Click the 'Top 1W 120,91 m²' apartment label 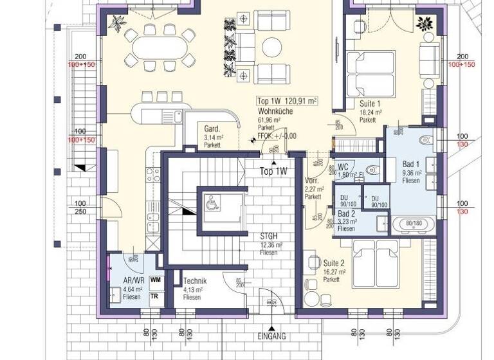click(x=287, y=101)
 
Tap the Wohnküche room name click(x=276, y=111)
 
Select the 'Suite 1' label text click(x=370, y=104)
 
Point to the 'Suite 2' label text click(x=334, y=263)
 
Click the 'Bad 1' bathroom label click(x=411, y=165)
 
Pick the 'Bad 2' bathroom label click(x=346, y=213)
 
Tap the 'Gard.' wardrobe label click(x=212, y=129)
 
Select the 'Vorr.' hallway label click(x=313, y=181)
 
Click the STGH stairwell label click(x=269, y=236)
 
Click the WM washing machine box click(x=155, y=280)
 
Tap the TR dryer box click(x=155, y=296)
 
